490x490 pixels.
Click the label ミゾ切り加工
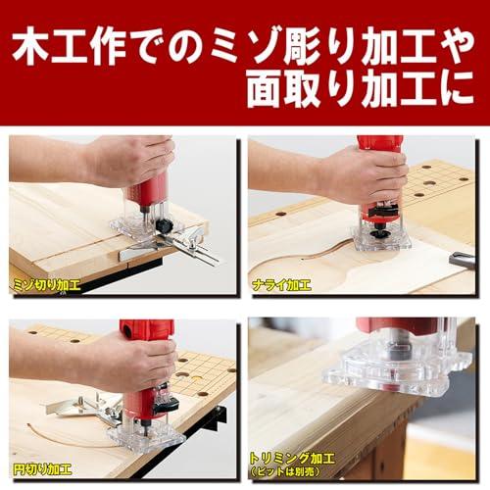47,285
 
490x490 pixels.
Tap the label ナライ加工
280,285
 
